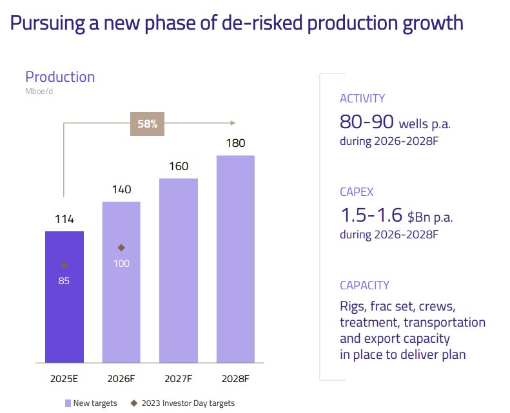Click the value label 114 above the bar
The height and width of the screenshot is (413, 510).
tap(64, 219)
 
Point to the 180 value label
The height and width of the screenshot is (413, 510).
tap(235, 143)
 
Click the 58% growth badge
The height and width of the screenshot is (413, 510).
tap(148, 124)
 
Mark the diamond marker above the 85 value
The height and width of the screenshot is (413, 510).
tap(64, 265)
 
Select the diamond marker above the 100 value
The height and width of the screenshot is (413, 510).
tap(121, 247)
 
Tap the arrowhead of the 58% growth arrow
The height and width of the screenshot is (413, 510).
tap(233, 123)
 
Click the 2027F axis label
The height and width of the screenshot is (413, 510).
tap(178, 378)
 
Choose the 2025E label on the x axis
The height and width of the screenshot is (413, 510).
tap(64, 378)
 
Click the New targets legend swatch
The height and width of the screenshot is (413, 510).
tap(67, 403)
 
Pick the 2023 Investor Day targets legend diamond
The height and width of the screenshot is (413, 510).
tap(134, 403)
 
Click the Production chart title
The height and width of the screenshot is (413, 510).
tap(60, 77)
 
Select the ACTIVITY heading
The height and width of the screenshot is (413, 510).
tap(362, 99)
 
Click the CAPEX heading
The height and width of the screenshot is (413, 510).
tap(357, 192)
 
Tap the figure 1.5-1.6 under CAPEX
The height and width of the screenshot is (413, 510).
tap(370, 215)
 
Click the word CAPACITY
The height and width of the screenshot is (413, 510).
tap(364, 285)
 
